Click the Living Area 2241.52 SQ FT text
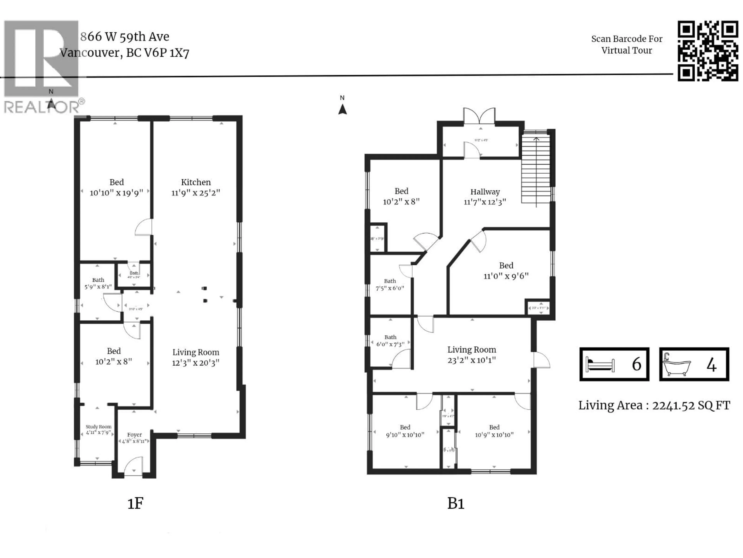[654, 405]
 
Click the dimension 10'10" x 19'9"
[116, 193]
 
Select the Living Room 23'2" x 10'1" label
[472, 355]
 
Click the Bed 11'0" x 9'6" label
[506, 271]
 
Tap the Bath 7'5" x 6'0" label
[390, 285]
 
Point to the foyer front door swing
[133, 466]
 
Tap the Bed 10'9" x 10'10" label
[494, 431]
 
